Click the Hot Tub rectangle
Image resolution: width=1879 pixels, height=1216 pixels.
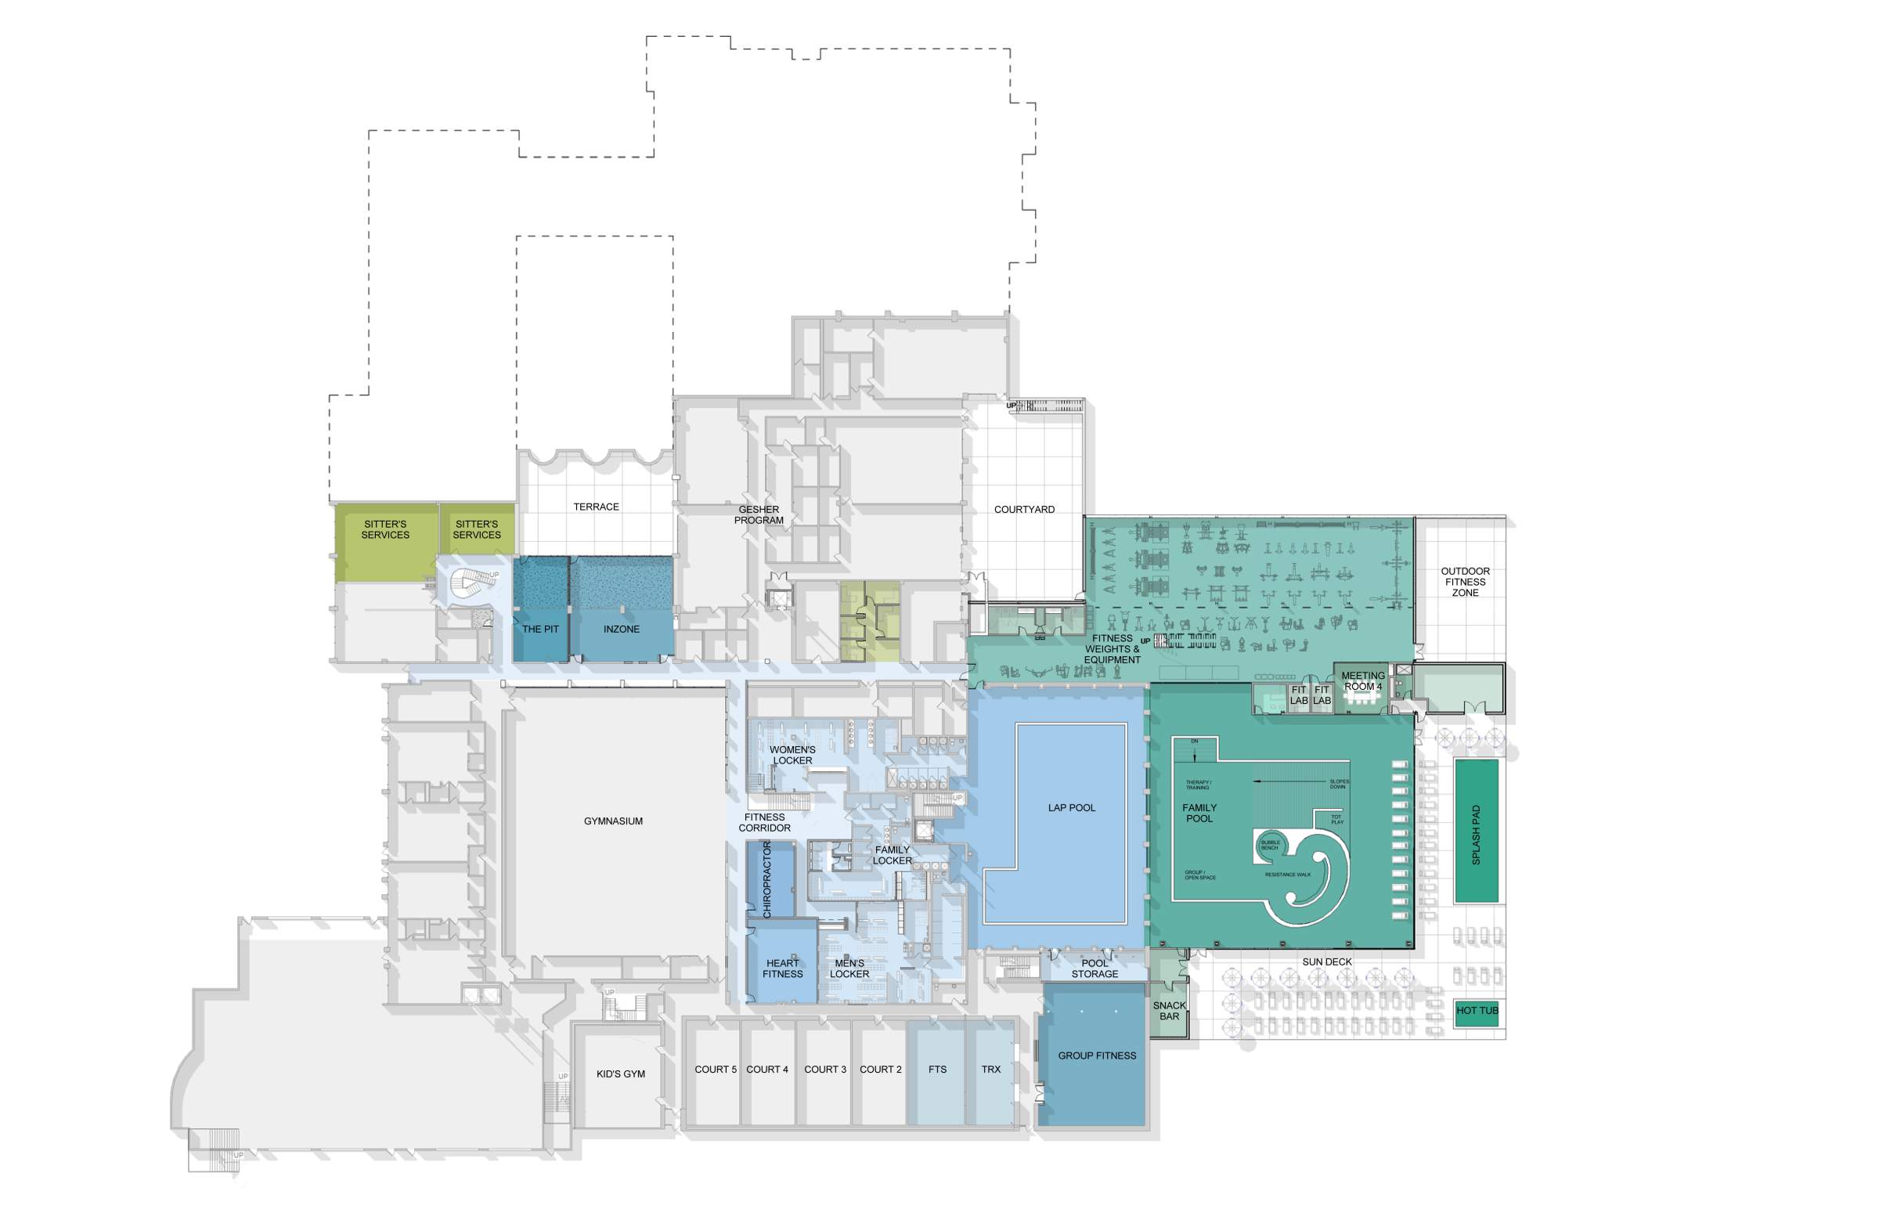1477,1012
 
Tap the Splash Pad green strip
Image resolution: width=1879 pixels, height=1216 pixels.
1477,831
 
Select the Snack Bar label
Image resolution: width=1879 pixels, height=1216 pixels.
1169,1012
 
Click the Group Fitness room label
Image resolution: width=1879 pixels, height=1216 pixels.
1097,1055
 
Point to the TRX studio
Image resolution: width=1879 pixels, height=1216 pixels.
991,1070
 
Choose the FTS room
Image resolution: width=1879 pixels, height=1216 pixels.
937,1070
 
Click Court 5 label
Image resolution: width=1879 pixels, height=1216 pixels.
716,1070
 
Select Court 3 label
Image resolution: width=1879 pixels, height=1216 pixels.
825,1070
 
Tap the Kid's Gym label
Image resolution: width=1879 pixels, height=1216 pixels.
621,1074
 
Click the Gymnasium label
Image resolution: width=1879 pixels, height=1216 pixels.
614,821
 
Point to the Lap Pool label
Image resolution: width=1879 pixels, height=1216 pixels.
1071,808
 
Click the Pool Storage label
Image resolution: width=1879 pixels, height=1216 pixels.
1095,969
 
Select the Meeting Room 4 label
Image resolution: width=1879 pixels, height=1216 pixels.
1363,681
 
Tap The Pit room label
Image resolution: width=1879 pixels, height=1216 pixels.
540,630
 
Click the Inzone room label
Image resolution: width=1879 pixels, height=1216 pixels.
622,630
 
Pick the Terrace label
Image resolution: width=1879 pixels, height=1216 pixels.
596,507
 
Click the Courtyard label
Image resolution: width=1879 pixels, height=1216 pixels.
1024,509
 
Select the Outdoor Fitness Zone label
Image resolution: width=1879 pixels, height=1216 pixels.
1466,582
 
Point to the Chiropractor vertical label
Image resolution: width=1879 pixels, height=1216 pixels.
766,879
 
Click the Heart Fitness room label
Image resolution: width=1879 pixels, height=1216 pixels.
782,969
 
